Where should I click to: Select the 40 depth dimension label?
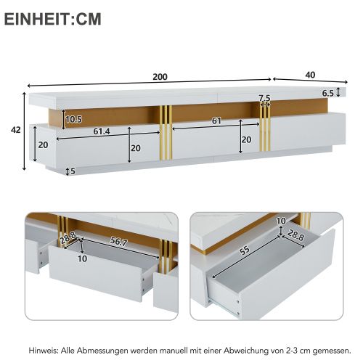310,74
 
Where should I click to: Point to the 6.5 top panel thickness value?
327,93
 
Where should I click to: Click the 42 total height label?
15,130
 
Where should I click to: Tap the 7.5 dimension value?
265,98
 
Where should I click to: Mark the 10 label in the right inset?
281,221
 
